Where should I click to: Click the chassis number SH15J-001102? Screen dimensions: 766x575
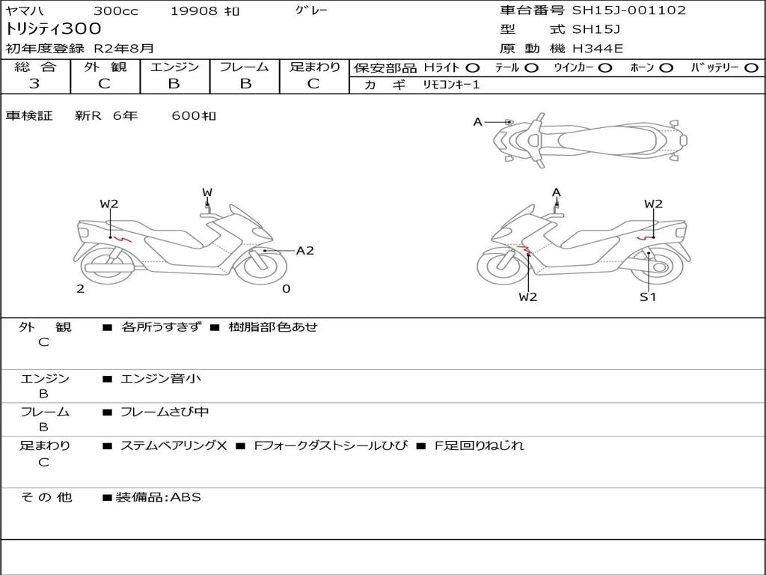(x=628, y=10)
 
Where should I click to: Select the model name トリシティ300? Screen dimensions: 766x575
(x=53, y=29)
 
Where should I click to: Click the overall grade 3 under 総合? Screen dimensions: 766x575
(x=34, y=84)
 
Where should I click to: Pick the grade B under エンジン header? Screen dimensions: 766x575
(x=174, y=84)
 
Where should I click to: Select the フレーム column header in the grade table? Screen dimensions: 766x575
(x=245, y=67)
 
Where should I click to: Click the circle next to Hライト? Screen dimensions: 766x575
(x=473, y=68)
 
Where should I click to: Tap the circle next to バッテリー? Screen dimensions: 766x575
(x=751, y=68)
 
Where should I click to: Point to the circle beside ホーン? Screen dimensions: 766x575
(x=666, y=68)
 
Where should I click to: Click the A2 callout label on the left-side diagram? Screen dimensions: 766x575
(x=305, y=251)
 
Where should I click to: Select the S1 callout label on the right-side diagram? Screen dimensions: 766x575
(x=648, y=296)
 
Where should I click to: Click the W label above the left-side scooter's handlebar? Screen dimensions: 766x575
(x=207, y=192)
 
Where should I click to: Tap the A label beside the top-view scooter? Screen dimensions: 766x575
(x=478, y=122)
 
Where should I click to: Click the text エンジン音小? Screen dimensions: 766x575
(x=160, y=378)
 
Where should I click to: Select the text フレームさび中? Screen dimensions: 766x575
(x=165, y=413)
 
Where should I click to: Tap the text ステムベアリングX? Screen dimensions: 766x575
(x=174, y=445)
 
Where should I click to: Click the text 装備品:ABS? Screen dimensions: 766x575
(x=159, y=497)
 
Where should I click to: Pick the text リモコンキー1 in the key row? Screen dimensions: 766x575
(x=451, y=85)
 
